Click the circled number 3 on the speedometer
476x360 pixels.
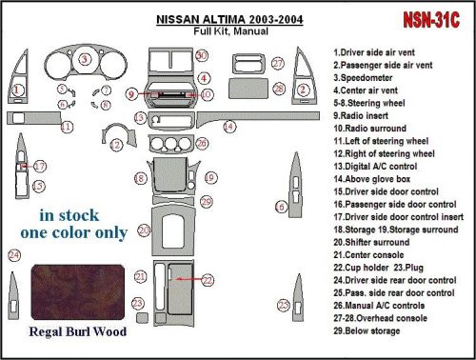84,60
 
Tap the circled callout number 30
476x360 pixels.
201,57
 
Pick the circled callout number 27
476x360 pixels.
277,63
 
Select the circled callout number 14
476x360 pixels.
229,126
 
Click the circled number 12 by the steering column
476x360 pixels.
116,145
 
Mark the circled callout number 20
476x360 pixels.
143,230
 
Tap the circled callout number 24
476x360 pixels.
13,255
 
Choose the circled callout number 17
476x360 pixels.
39,167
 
